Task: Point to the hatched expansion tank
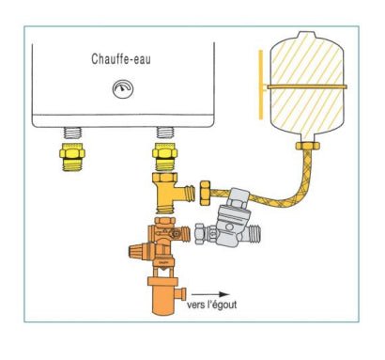[300, 85]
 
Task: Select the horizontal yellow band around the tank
[300, 86]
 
